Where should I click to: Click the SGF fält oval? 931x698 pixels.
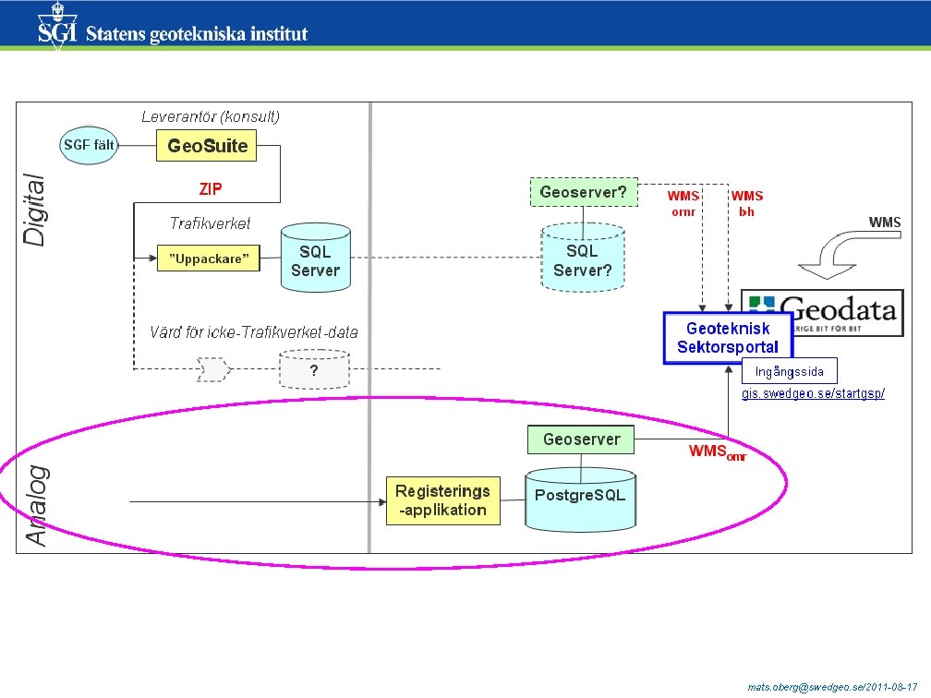pyautogui.click(x=90, y=146)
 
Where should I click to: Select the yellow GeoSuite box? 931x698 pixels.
pyautogui.click(x=207, y=146)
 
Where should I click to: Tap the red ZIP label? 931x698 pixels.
pyautogui.click(x=211, y=188)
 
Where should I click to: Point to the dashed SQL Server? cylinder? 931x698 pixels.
pyautogui.click(x=582, y=258)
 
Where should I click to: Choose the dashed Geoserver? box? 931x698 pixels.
pyautogui.click(x=582, y=193)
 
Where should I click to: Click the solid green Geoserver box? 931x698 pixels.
pyautogui.click(x=581, y=439)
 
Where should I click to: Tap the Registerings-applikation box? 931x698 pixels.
pyautogui.click(x=442, y=500)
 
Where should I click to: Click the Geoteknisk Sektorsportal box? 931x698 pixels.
pyautogui.click(x=727, y=338)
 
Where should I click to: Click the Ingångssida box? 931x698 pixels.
pyautogui.click(x=789, y=372)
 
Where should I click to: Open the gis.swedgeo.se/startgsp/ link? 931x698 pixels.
pyautogui.click(x=813, y=394)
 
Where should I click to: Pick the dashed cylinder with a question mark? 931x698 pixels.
pyautogui.click(x=314, y=371)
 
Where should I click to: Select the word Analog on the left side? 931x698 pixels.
pyautogui.click(x=36, y=506)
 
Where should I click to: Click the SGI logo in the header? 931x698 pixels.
pyautogui.click(x=57, y=28)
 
